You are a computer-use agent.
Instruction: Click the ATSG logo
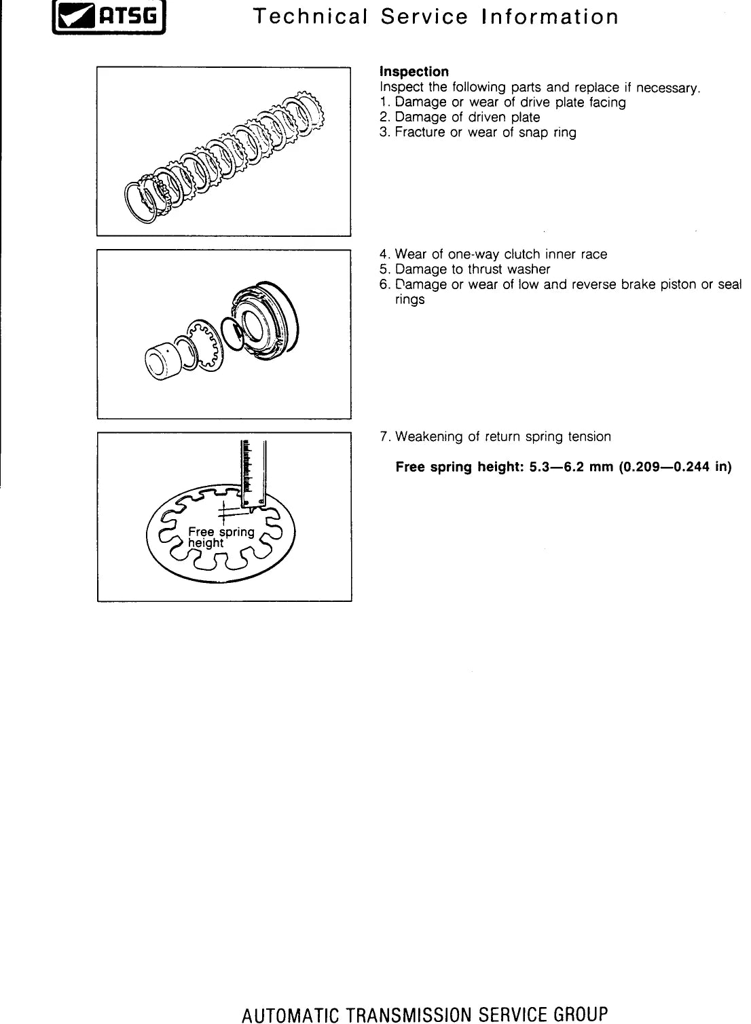[x=109, y=17]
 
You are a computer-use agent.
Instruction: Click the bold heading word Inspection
[x=414, y=72]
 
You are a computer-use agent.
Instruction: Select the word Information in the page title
[x=549, y=17]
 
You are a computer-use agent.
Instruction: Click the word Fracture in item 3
[x=420, y=132]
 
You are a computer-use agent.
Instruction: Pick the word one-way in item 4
[x=474, y=254]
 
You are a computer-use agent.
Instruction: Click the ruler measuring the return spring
[x=253, y=474]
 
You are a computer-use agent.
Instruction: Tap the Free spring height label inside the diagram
[x=221, y=537]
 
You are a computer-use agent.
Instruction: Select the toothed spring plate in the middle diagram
[x=204, y=345]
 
